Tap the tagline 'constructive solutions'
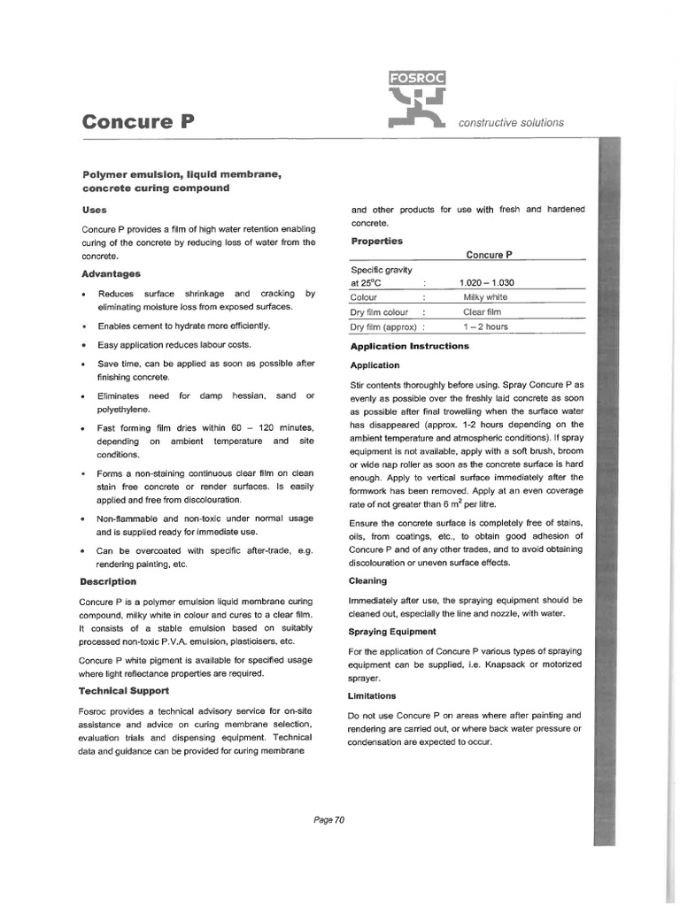pyautogui.click(x=511, y=123)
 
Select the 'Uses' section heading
pyautogui.click(x=94, y=210)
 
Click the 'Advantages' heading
pyautogui.click(x=110, y=273)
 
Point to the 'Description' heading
pyautogui.click(x=108, y=581)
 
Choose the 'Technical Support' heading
pyautogui.click(x=124, y=690)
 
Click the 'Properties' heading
pyautogui.click(x=376, y=241)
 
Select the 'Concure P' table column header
pyautogui.click(x=489, y=255)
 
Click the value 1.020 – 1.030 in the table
pyautogui.click(x=486, y=282)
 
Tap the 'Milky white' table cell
pyautogui.click(x=485, y=297)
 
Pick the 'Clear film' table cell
pyautogui.click(x=482, y=312)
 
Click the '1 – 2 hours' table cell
pyautogui.click(x=484, y=327)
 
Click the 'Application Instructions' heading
pyautogui.click(x=409, y=346)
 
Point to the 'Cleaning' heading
pyautogui.click(x=368, y=580)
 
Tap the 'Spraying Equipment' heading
pyautogui.click(x=393, y=631)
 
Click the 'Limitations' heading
pyautogui.click(x=373, y=695)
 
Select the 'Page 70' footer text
pyautogui.click(x=328, y=819)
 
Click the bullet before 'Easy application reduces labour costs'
pyautogui.click(x=82, y=345)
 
